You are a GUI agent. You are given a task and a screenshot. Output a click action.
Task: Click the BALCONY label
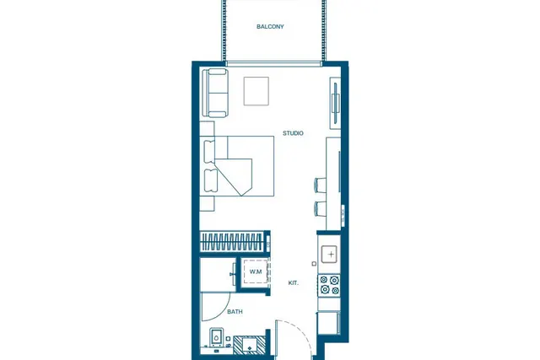tap(270, 26)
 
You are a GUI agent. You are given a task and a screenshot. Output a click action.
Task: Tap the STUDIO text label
tap(293, 133)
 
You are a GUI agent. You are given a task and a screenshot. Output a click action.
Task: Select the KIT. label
tap(294, 283)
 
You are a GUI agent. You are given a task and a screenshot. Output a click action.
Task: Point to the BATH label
tap(235, 311)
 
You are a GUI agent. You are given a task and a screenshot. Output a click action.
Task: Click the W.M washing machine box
tap(256, 271)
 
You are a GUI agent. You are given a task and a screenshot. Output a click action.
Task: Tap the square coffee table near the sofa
tap(256, 91)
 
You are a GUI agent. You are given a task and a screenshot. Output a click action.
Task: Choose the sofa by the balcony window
tap(215, 93)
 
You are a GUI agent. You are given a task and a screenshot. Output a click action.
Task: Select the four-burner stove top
tap(329, 285)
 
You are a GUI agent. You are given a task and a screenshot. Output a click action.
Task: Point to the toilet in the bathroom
tap(216, 337)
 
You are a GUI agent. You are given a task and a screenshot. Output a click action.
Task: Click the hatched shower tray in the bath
tap(250, 345)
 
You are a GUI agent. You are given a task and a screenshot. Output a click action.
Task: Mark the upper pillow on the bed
tap(210, 151)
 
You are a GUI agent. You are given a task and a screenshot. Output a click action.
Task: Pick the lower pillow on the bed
tap(210, 180)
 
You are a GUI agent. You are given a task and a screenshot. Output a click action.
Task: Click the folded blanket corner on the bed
tap(235, 177)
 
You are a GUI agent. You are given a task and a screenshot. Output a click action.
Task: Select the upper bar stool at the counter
tap(320, 184)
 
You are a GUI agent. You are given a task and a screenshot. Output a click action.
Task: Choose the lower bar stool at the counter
tap(320, 208)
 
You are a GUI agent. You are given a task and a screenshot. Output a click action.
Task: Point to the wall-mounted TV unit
tap(335, 103)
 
